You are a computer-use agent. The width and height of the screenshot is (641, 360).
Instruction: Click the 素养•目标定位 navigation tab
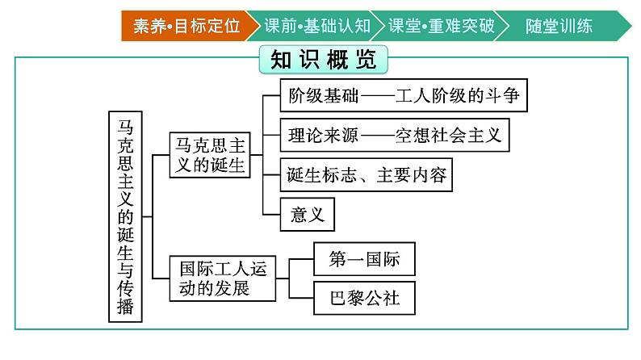[186, 26]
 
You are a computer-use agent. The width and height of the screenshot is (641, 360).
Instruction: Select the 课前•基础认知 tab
[316, 26]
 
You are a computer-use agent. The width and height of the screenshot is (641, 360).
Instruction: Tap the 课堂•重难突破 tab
[440, 26]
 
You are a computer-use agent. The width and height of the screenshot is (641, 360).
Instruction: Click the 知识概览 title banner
[324, 61]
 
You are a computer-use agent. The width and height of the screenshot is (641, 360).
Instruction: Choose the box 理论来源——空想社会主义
[395, 135]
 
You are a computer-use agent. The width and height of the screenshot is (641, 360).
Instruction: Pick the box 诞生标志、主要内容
[367, 174]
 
